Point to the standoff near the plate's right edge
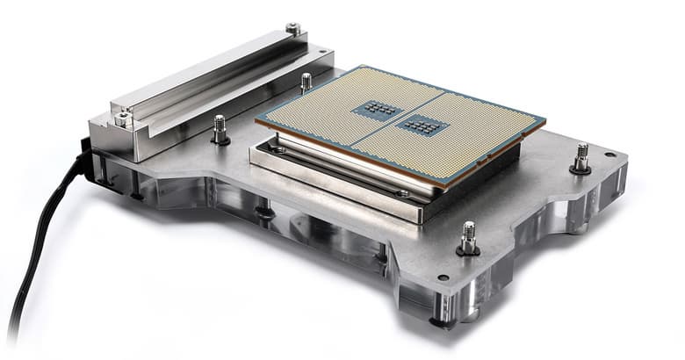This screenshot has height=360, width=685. point(580,159)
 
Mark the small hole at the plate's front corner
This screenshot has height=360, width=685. point(443,277)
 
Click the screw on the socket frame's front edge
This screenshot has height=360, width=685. point(401,192)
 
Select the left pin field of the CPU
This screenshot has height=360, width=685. point(325,114)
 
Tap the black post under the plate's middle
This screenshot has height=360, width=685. point(263,211)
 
